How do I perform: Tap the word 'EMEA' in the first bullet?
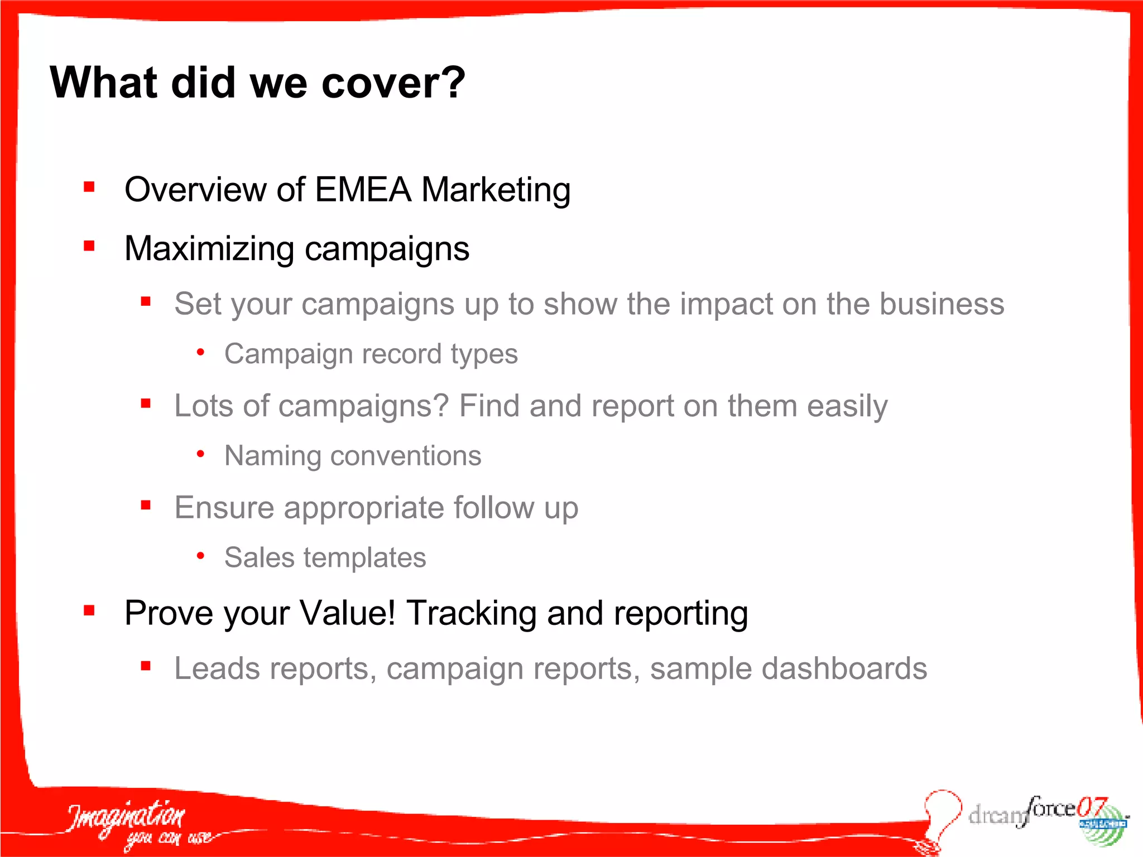coord(363,190)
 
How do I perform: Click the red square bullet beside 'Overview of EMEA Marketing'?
coord(89,187)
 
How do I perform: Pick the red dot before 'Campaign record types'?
coord(200,353)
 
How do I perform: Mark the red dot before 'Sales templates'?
coord(200,556)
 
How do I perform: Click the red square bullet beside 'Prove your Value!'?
coord(89,610)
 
